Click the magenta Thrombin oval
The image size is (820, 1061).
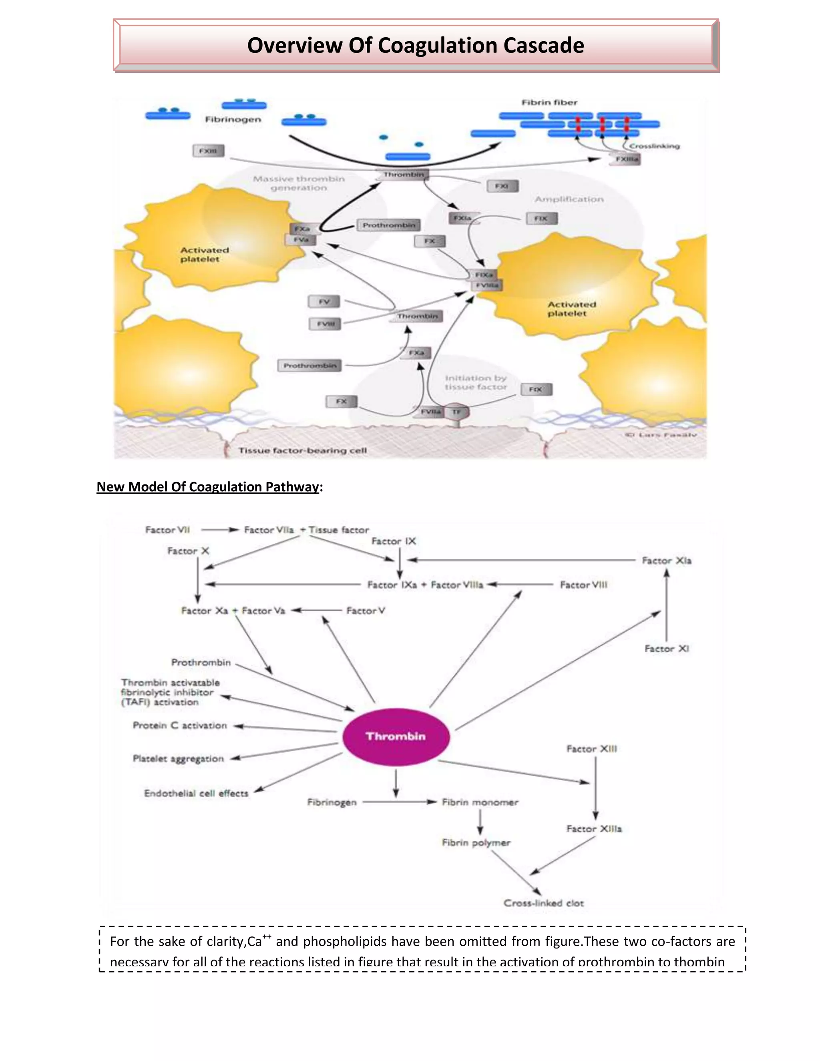pos(396,736)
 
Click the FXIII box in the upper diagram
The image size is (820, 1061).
pos(208,151)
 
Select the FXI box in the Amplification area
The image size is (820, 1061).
pos(503,186)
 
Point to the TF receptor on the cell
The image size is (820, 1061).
pos(456,412)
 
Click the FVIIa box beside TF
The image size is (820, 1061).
pos(430,412)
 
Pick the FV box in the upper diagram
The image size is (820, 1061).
pos(324,302)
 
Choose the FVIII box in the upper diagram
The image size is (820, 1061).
pos(325,324)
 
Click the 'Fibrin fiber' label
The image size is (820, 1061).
pos(549,102)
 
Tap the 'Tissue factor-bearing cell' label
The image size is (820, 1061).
pos(302,450)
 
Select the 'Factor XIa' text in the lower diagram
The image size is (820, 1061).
pos(667,561)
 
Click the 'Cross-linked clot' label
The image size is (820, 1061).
pos(544,903)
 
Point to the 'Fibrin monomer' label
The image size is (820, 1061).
pos(480,802)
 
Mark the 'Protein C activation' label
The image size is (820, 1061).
pos(180,725)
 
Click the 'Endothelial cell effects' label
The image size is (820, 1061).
pos(196,793)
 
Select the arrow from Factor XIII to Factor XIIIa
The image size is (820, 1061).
pos(595,788)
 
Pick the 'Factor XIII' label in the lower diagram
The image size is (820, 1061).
pos(592,749)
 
